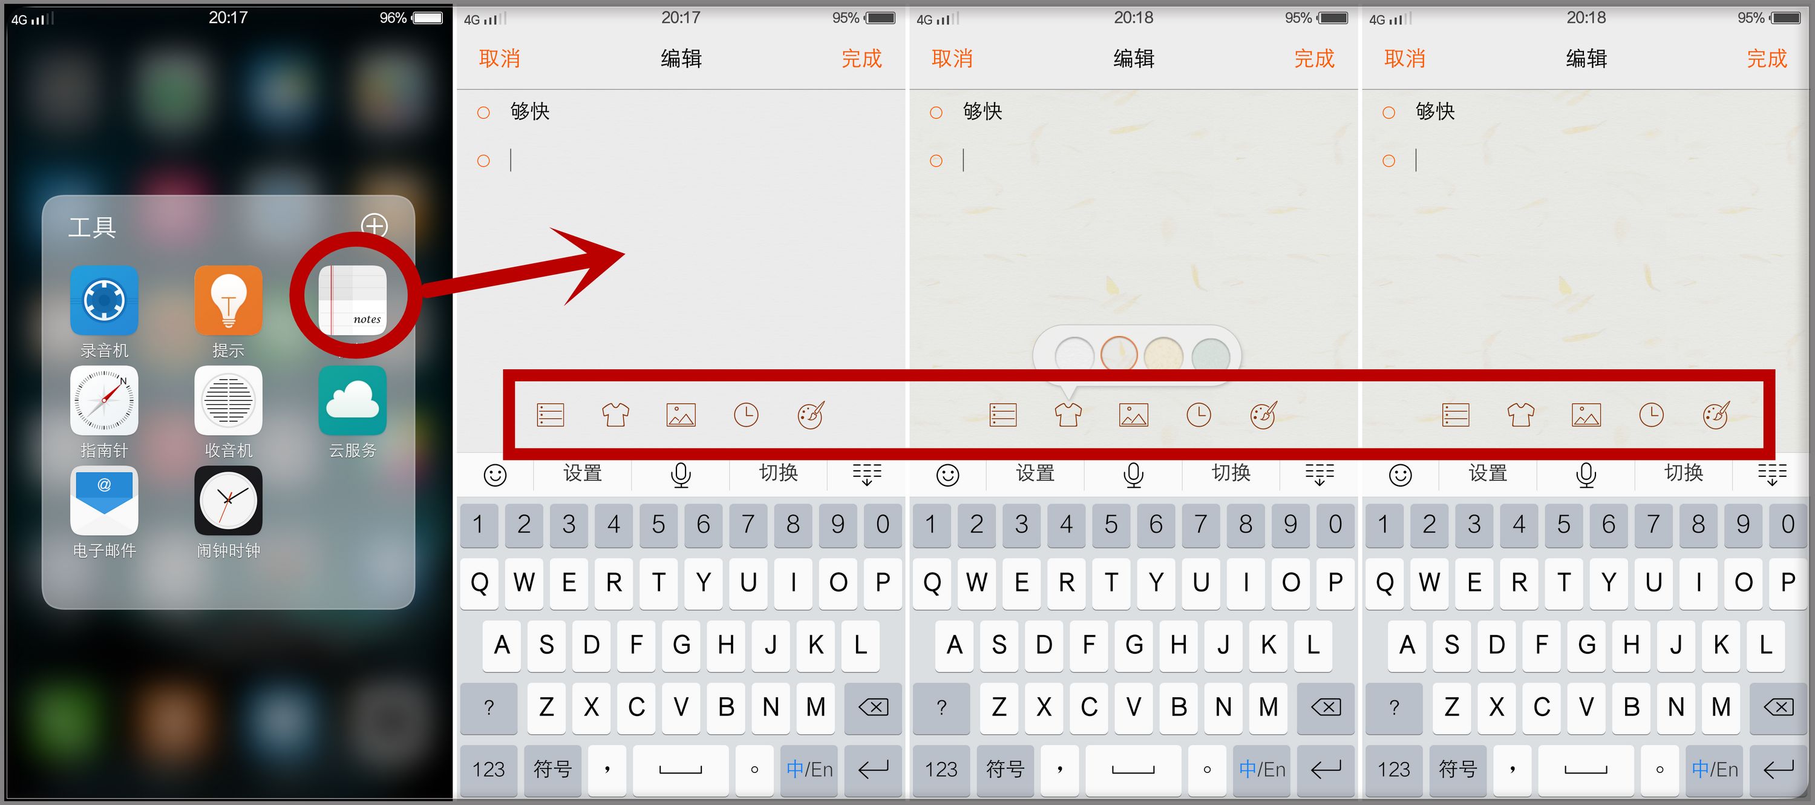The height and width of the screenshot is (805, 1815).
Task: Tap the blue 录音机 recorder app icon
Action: coord(104,300)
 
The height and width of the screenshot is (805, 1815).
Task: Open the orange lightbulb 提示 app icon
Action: coord(228,300)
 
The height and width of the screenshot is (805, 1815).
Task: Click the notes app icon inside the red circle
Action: coord(352,300)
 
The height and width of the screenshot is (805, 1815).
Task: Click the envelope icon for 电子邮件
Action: coord(104,501)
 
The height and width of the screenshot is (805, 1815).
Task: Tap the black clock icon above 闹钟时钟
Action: coord(228,501)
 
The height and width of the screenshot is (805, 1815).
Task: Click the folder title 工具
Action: coord(91,227)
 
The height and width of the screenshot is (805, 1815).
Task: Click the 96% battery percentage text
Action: coord(393,18)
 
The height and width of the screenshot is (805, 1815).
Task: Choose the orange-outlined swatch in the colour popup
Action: coord(1119,355)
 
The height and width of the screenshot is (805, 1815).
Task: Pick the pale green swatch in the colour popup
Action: coord(1211,356)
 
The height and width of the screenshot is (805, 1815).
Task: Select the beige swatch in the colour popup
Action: coord(1163,355)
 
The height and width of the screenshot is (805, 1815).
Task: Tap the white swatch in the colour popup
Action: coord(1074,355)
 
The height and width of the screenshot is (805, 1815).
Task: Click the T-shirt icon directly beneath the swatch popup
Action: coord(1068,415)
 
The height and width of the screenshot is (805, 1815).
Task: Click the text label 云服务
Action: coord(352,450)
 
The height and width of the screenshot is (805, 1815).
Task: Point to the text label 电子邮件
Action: coord(104,551)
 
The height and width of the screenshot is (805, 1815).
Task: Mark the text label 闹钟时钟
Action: coord(228,551)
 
